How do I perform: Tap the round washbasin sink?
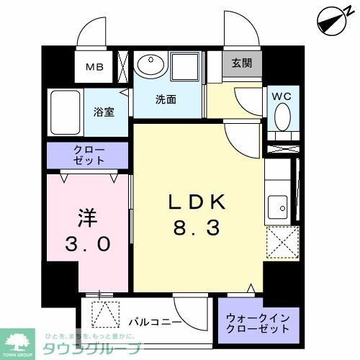tap(150, 66)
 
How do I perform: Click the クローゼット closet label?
tap(88, 155)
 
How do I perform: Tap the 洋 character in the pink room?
tap(84, 217)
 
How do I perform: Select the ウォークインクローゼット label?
tap(258, 321)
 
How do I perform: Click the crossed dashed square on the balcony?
tap(105, 316)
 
